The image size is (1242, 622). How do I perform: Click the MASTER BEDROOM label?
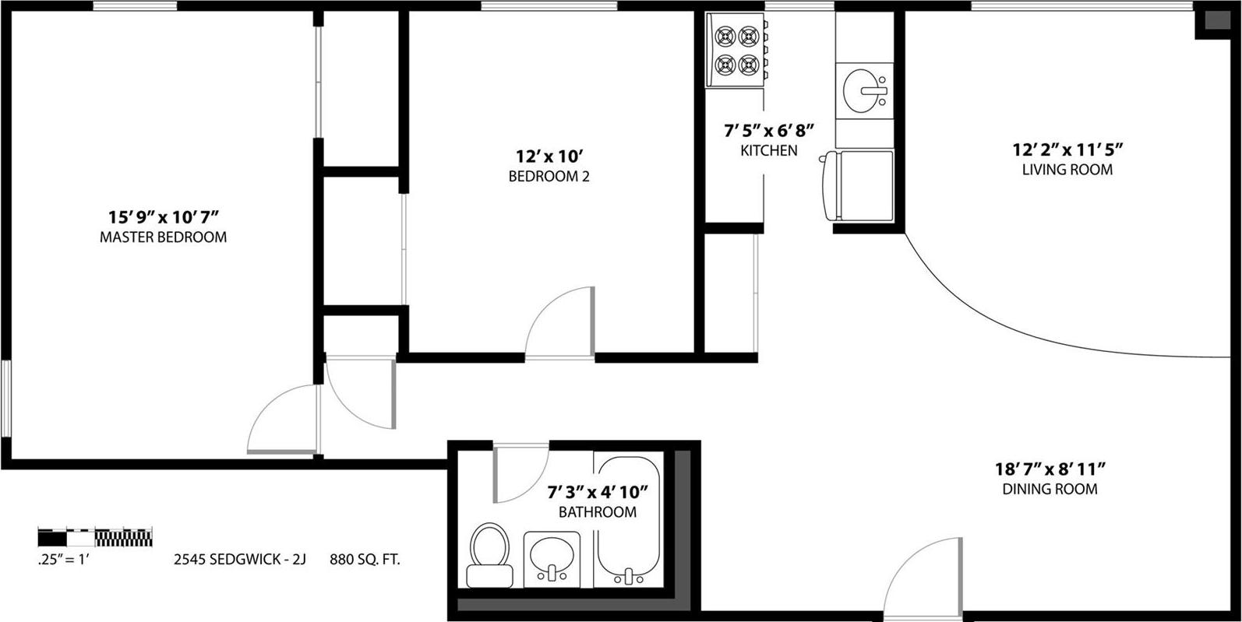click(x=163, y=237)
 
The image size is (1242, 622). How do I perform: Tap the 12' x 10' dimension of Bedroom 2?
click(x=549, y=155)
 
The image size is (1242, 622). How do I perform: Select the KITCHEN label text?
click(x=768, y=151)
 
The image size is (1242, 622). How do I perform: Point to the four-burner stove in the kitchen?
click(x=737, y=49)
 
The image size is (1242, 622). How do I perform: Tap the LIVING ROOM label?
click(x=1067, y=170)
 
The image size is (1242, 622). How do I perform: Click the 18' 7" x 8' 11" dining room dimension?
click(x=1050, y=469)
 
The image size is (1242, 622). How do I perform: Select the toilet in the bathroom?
click(x=489, y=554)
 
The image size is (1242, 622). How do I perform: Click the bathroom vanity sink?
click(x=552, y=559)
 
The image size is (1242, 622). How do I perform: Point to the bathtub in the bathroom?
click(x=628, y=522)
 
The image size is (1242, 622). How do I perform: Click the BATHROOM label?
click(x=597, y=512)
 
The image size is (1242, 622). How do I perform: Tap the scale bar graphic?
click(x=95, y=536)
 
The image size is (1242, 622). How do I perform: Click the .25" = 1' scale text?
click(x=64, y=559)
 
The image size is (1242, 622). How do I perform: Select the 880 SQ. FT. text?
click(x=365, y=559)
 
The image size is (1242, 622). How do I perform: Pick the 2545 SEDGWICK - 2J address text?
click(x=239, y=559)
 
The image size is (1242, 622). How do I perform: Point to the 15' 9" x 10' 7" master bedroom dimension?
click(x=163, y=216)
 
